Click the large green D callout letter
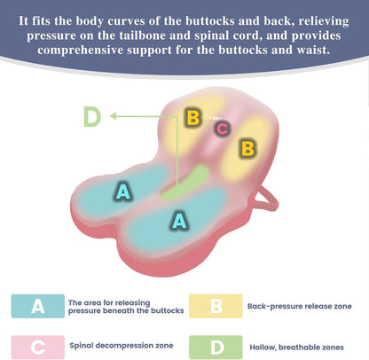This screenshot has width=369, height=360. point(92,116)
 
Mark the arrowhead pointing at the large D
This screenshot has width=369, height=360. point(114,116)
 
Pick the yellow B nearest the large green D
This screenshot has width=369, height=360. point(193,117)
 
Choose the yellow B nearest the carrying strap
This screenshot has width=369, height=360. point(247,148)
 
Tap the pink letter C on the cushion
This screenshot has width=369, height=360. point(223,129)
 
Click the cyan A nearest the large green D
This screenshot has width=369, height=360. point(123,192)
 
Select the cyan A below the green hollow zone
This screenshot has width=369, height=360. point(179,220)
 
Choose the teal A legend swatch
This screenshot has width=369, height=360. point(38,306)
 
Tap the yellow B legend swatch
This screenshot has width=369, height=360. point(216,306)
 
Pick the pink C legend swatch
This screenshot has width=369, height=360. point(38,347)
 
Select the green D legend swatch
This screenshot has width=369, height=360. point(216,347)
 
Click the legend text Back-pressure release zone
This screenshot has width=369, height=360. point(300,306)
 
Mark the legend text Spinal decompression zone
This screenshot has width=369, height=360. point(122,346)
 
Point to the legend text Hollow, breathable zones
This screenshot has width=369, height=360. point(296,348)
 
